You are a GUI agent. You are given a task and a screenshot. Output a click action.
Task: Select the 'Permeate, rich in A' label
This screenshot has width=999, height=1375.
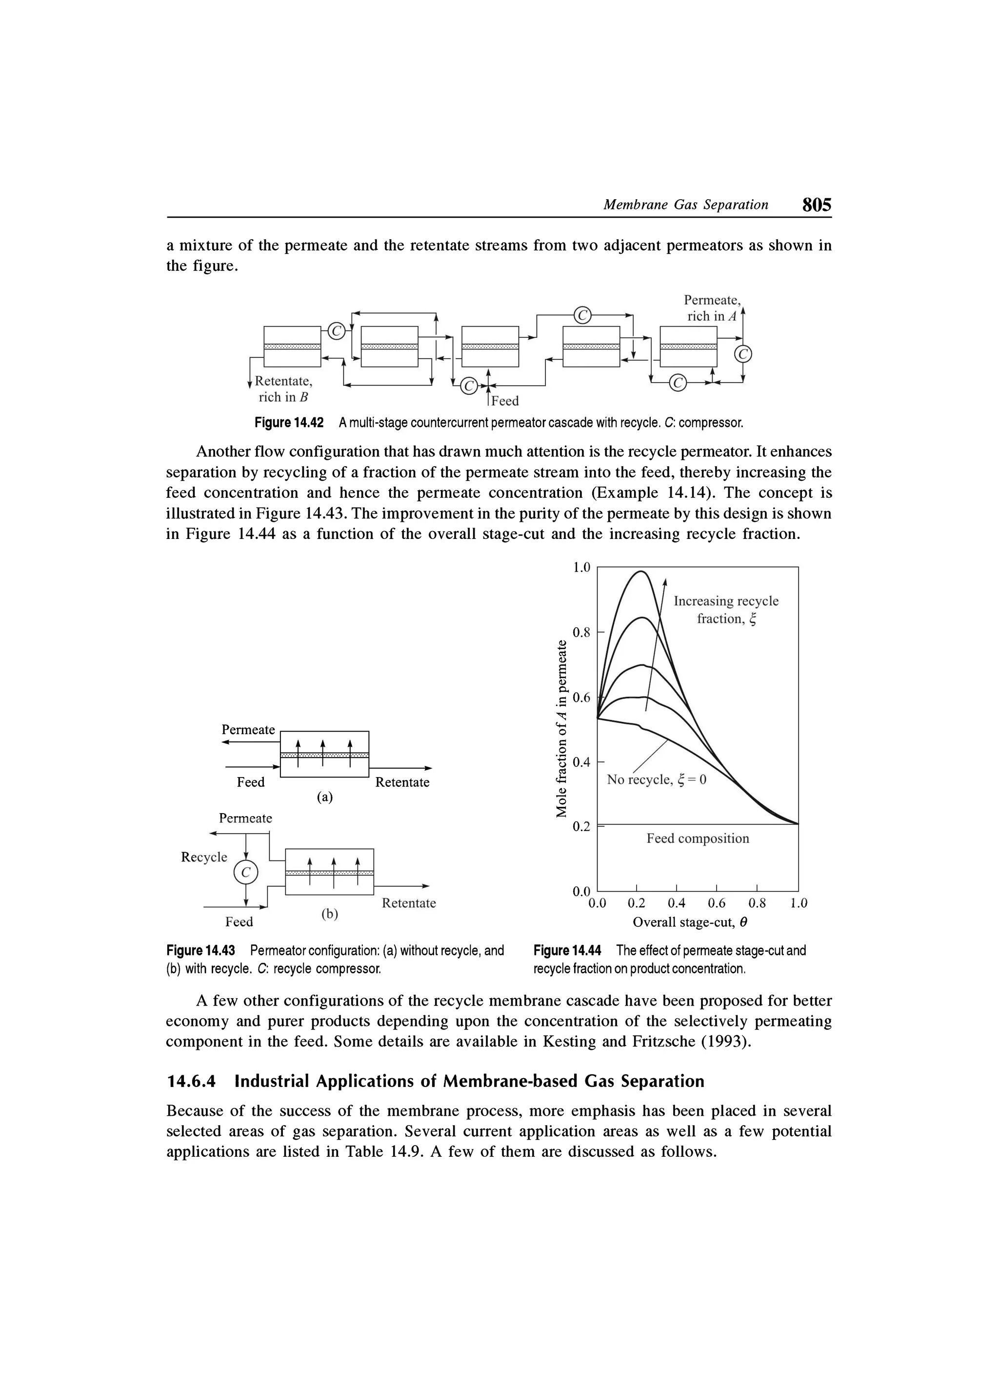point(711,308)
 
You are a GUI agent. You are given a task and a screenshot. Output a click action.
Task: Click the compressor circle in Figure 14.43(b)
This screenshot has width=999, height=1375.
point(245,872)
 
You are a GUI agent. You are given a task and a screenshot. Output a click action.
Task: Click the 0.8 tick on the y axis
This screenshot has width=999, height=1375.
point(581,632)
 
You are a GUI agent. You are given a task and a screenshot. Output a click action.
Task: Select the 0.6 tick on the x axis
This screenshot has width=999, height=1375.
point(716,903)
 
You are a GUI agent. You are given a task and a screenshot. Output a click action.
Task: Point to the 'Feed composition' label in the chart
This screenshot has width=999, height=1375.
point(698,839)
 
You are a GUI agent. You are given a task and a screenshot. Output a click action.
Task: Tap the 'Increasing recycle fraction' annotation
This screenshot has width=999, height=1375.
point(726,609)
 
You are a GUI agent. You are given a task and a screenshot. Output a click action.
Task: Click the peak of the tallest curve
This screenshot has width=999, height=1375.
point(641,571)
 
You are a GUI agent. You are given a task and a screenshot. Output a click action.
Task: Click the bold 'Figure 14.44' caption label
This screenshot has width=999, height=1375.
point(566,950)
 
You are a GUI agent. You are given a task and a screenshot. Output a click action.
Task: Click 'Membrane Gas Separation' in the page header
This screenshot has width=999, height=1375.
point(685,205)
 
